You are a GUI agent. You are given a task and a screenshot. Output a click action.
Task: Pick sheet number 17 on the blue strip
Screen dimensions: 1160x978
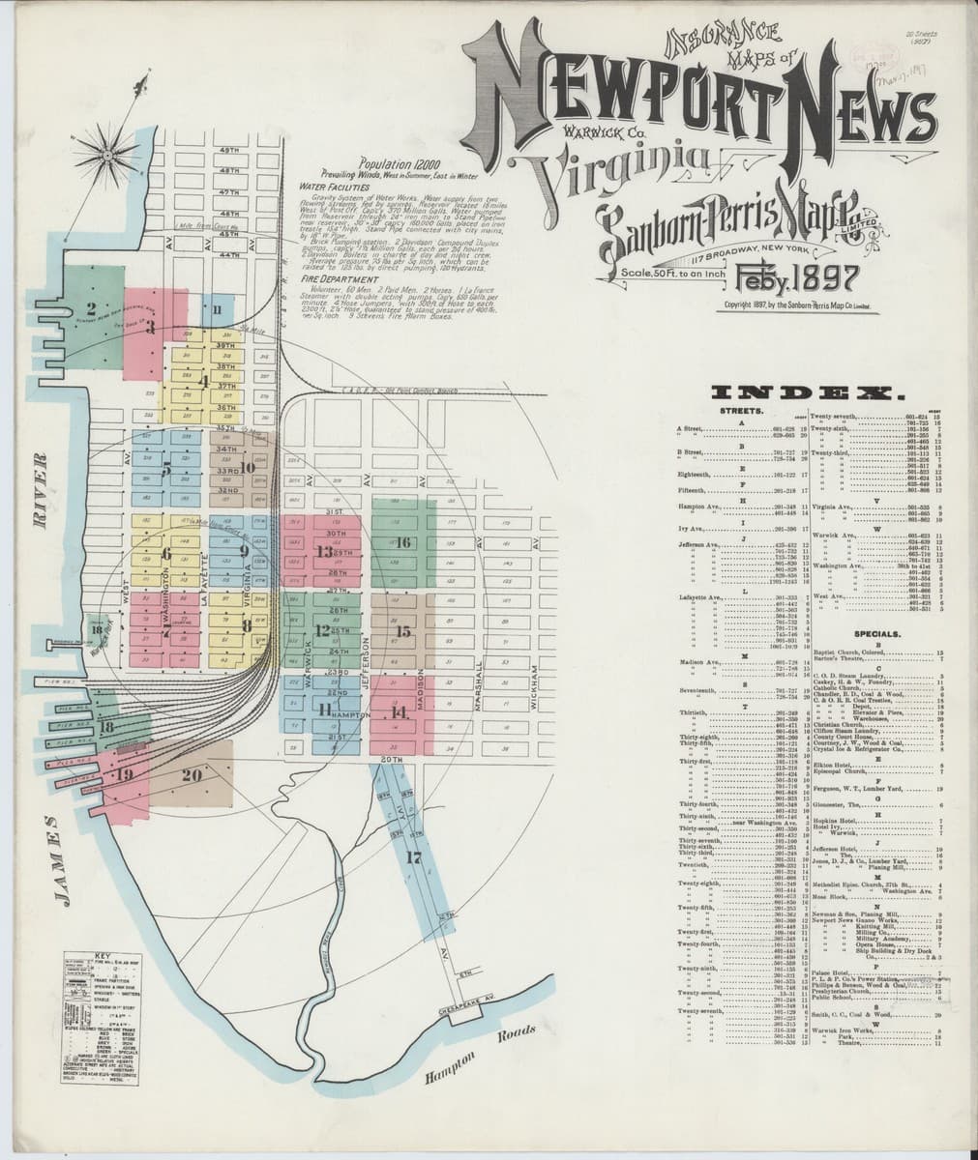point(415,856)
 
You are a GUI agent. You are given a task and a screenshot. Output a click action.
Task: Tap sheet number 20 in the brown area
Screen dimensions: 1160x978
point(191,773)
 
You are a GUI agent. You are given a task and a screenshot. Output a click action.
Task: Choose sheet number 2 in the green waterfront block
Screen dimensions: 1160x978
point(89,309)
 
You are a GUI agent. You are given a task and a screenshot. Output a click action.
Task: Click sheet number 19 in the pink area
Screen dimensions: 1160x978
point(124,775)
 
